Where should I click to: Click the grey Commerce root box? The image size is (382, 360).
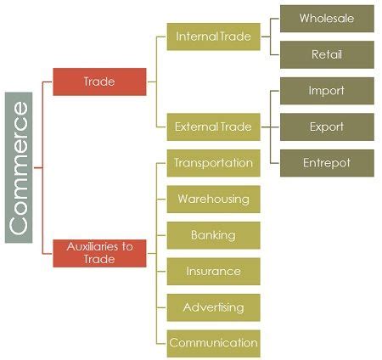19,167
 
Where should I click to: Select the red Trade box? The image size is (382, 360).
99,82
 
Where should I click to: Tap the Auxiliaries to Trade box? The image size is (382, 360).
99,253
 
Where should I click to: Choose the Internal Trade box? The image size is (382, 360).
214,37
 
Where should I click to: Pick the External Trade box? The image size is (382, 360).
214,127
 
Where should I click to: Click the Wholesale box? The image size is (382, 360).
327,19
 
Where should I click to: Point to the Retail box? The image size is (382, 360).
327,54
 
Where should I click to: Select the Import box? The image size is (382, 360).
327,91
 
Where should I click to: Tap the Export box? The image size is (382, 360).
327,127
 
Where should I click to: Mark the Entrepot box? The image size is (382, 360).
327,163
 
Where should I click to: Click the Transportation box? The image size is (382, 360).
214,163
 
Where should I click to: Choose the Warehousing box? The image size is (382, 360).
214,200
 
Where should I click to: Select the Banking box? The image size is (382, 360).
214,235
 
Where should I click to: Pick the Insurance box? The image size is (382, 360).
214,272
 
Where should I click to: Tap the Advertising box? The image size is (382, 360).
214,307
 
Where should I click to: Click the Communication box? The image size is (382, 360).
214,344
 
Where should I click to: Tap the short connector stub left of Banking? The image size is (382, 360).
161,235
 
